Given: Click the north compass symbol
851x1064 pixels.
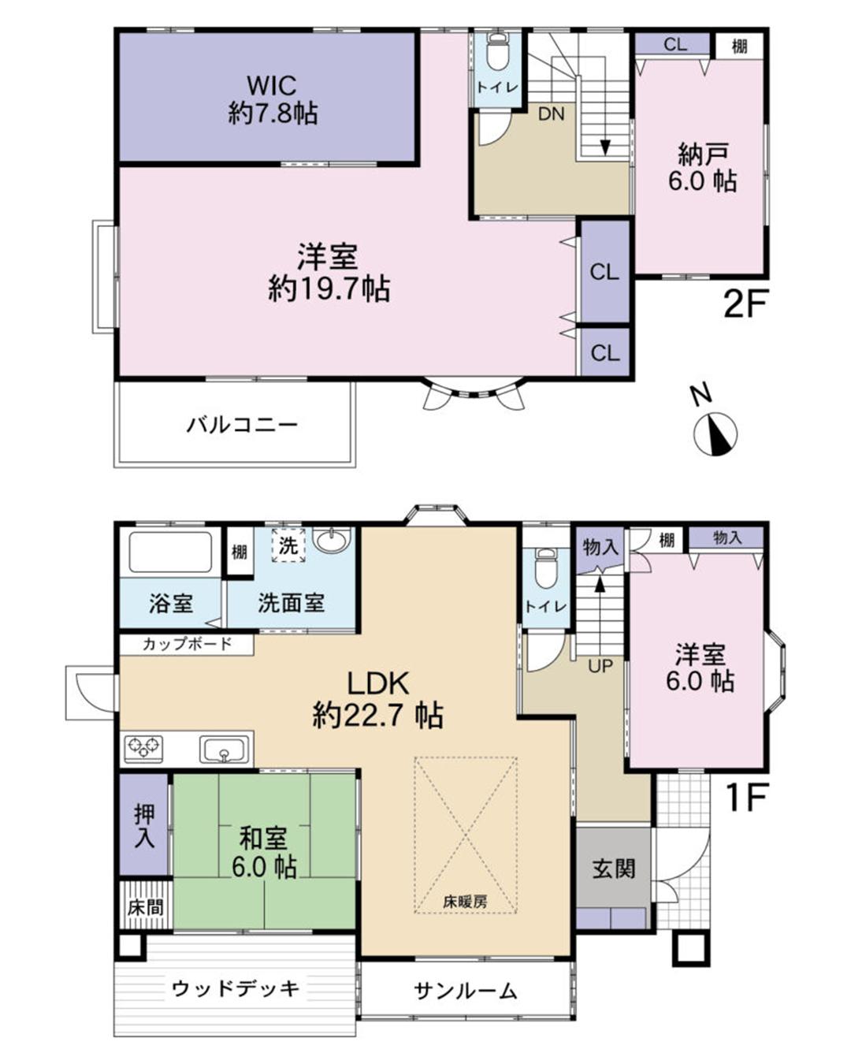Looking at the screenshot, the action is (715, 433).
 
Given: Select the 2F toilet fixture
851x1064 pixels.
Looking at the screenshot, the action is (496, 54).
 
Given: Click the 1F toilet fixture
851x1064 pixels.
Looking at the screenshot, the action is (545, 567).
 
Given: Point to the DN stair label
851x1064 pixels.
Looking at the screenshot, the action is (551, 114).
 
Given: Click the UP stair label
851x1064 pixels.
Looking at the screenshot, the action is (600, 667).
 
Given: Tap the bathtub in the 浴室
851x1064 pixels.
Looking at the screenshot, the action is (171, 552).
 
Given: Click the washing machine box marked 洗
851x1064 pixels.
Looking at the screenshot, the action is (288, 545).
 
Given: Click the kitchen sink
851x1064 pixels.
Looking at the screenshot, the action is (225, 749).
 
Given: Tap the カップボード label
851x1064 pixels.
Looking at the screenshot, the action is (187, 644).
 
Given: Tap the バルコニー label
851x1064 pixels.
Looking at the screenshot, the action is (242, 425).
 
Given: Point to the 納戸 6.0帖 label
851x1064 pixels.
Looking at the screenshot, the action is (702, 168).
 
